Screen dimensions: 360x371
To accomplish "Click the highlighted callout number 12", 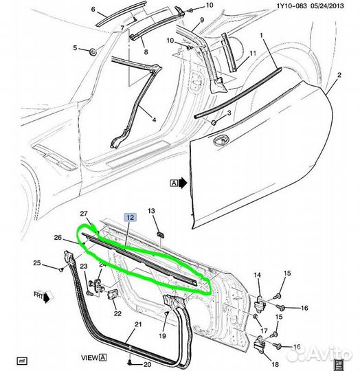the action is [131, 217].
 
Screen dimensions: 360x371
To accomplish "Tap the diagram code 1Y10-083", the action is [291, 5].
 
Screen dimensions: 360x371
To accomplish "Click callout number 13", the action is [151, 211].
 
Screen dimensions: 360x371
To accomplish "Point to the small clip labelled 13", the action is [161, 234].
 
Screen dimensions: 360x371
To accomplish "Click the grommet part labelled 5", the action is [93, 52].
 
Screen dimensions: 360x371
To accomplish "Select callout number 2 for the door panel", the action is [339, 76].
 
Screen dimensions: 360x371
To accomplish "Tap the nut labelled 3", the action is [214, 122].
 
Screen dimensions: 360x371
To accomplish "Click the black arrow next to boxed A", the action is [183, 183].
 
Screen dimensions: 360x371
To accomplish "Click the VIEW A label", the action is [93, 357].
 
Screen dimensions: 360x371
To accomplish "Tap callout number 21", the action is [138, 324].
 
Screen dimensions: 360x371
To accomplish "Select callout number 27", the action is [84, 214].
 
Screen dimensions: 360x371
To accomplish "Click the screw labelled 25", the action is [62, 269].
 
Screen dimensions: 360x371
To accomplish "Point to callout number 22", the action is [117, 313].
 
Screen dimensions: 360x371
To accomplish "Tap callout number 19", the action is [162, 335].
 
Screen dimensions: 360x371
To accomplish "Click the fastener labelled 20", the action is [130, 362].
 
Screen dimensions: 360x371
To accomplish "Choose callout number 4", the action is [154, 120].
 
